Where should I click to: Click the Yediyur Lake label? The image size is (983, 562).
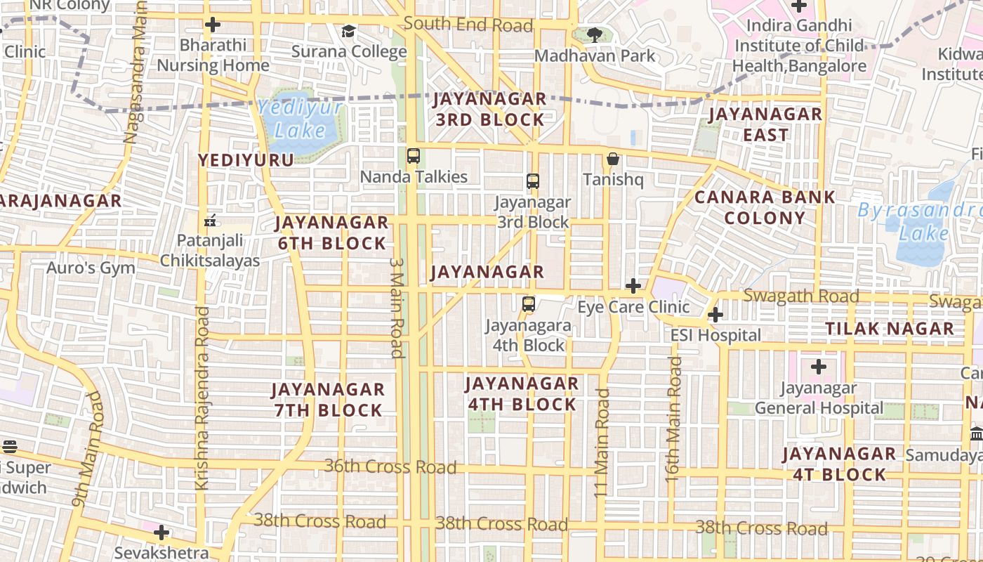(x=300, y=119)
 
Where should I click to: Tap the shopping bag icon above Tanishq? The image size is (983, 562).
(x=613, y=159)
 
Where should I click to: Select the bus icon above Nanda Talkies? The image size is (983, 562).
(x=414, y=156)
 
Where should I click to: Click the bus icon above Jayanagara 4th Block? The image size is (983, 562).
(x=529, y=304)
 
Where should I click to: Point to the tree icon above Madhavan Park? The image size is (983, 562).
(x=595, y=34)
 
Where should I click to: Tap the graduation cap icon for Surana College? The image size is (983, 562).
(x=348, y=32)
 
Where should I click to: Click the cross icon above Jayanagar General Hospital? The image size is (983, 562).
(x=819, y=367)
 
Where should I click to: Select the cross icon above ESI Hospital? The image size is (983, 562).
(x=715, y=315)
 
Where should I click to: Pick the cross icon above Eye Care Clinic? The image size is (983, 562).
(x=633, y=286)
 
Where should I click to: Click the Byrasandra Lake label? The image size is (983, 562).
(x=920, y=221)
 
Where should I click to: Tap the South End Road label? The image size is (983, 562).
(x=468, y=25)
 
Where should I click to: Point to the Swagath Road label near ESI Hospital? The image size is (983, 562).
(x=800, y=296)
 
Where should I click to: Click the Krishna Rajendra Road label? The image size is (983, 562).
(x=202, y=398)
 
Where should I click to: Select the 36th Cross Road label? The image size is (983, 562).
(x=390, y=466)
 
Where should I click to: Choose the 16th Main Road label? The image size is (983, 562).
(x=673, y=419)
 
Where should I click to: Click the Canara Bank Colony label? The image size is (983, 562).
(x=765, y=207)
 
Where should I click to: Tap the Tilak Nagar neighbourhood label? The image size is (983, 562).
(x=890, y=328)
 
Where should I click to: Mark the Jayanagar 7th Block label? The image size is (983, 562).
(x=328, y=399)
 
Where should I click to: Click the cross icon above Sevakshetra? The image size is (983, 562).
(x=161, y=532)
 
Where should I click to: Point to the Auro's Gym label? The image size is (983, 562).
(x=91, y=268)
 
